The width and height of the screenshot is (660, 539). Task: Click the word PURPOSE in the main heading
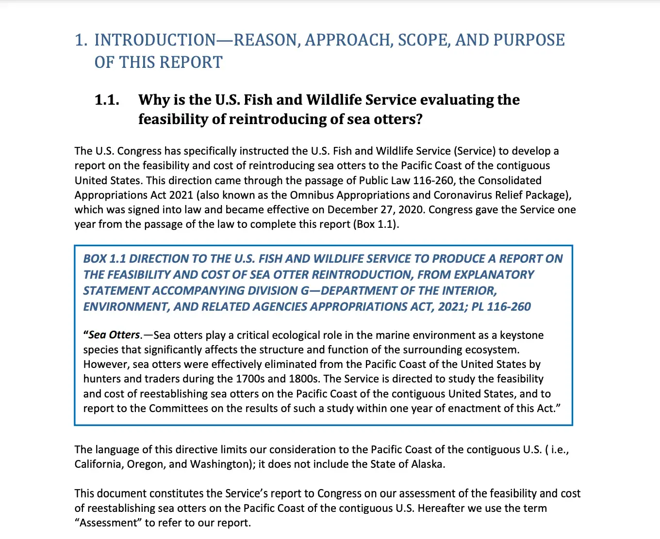[529, 40]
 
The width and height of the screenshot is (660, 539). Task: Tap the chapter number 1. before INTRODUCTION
[81, 40]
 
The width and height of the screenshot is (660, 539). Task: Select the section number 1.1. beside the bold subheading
[107, 100]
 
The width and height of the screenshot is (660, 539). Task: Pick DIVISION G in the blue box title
[275, 290]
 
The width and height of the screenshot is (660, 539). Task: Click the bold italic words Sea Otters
[114, 335]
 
